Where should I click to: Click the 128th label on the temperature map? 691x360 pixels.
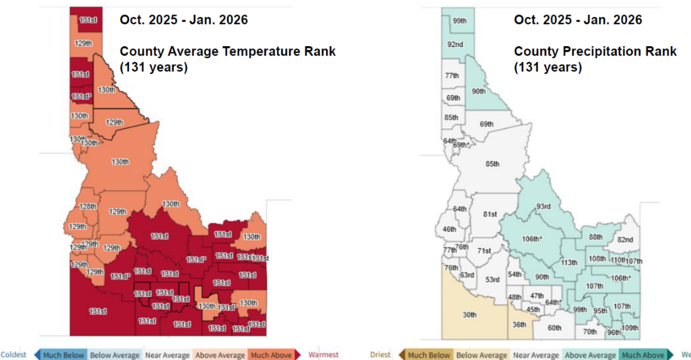tap(88, 206)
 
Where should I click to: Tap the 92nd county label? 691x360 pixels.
tap(454, 44)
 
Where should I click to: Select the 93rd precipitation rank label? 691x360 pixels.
tap(543, 206)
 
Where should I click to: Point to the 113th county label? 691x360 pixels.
tap(569, 262)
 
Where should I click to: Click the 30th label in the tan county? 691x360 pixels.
tap(469, 314)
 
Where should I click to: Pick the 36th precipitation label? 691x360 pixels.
tap(519, 325)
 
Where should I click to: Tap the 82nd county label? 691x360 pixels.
tap(625, 239)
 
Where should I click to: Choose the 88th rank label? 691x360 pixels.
tap(595, 237)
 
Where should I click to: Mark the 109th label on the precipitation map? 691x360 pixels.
tap(630, 328)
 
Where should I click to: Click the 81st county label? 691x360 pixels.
tap(490, 214)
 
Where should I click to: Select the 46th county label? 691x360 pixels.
tap(449, 229)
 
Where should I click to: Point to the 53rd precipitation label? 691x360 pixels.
tap(492, 280)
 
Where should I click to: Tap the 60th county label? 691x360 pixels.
tap(554, 328)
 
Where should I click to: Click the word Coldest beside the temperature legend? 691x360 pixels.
tap(13, 355)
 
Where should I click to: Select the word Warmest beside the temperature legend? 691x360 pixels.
tap(324, 355)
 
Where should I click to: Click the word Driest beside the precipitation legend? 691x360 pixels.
tap(380, 355)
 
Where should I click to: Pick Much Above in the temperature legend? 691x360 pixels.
tap(271, 355)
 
